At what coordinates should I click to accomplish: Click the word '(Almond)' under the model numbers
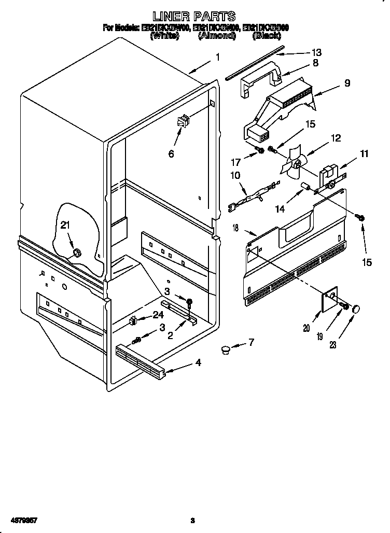pyautogui.click(x=217, y=37)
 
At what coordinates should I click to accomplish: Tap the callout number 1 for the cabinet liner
pyautogui.click(x=218, y=58)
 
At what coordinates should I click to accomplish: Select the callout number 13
pyautogui.click(x=315, y=52)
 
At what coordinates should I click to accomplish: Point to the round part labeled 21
pyautogui.click(x=76, y=253)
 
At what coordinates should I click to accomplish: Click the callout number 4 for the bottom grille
pyautogui.click(x=198, y=363)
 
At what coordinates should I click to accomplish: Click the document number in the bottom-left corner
pyautogui.click(x=21, y=520)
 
